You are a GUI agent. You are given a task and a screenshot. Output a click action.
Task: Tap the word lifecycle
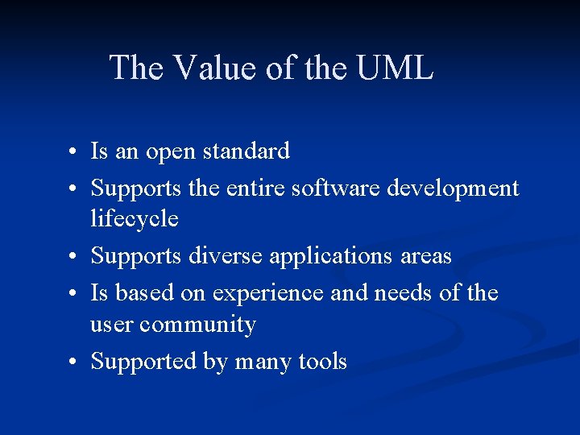[135, 219]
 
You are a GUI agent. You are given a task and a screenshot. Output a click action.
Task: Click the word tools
[322, 362]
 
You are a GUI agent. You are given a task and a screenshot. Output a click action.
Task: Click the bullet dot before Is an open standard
[72, 152]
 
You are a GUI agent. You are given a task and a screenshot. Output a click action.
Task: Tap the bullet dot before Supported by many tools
[72, 363]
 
